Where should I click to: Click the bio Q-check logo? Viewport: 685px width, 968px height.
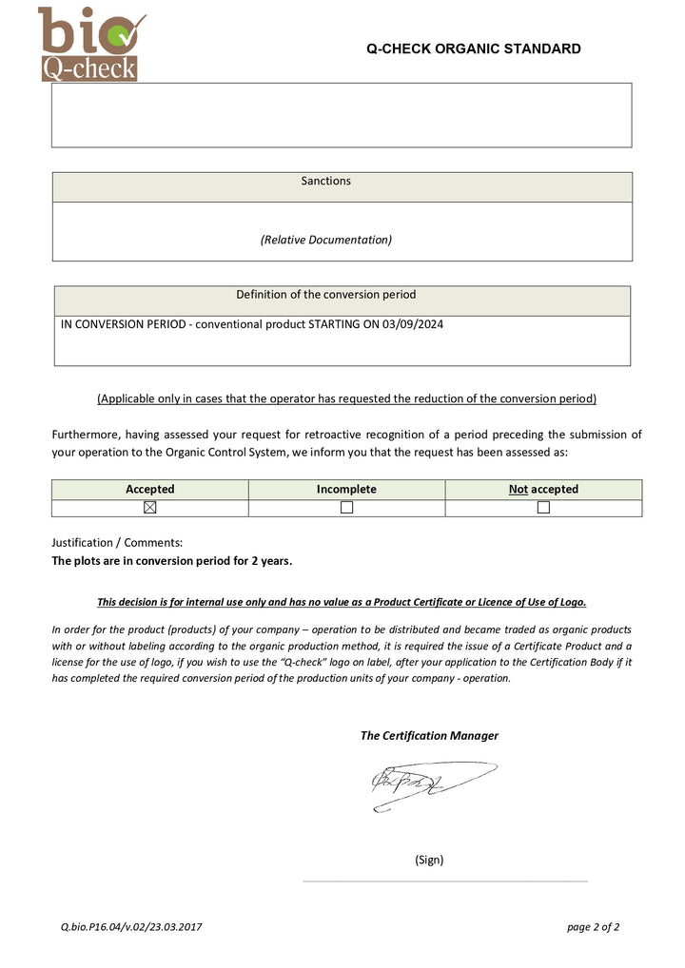pos(90,44)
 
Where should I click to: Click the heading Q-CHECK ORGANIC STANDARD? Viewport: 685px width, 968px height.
pos(473,49)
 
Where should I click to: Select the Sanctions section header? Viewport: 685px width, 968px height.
pos(325,182)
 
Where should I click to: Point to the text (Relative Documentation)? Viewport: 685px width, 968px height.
pos(325,240)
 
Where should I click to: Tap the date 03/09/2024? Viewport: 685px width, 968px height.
pos(413,324)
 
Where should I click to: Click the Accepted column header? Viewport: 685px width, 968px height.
pos(150,490)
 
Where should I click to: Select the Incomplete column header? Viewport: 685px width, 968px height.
pos(346,490)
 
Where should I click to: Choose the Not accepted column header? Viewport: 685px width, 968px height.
pos(543,490)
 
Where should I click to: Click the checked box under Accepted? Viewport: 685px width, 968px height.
pos(149,508)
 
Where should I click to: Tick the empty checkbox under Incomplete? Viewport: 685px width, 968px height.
pos(346,508)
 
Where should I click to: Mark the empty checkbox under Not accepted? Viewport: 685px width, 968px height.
pos(543,508)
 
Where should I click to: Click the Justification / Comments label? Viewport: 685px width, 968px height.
pos(117,543)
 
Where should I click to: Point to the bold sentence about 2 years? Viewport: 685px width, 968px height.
pos(171,561)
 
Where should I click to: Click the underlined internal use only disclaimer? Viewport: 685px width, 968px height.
pos(342,602)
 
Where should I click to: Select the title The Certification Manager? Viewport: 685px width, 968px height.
pos(429,736)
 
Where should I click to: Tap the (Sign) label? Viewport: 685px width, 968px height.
pos(429,860)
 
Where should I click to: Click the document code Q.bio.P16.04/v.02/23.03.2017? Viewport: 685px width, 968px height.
pos(131,927)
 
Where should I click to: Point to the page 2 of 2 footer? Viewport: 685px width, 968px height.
pos(593,927)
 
